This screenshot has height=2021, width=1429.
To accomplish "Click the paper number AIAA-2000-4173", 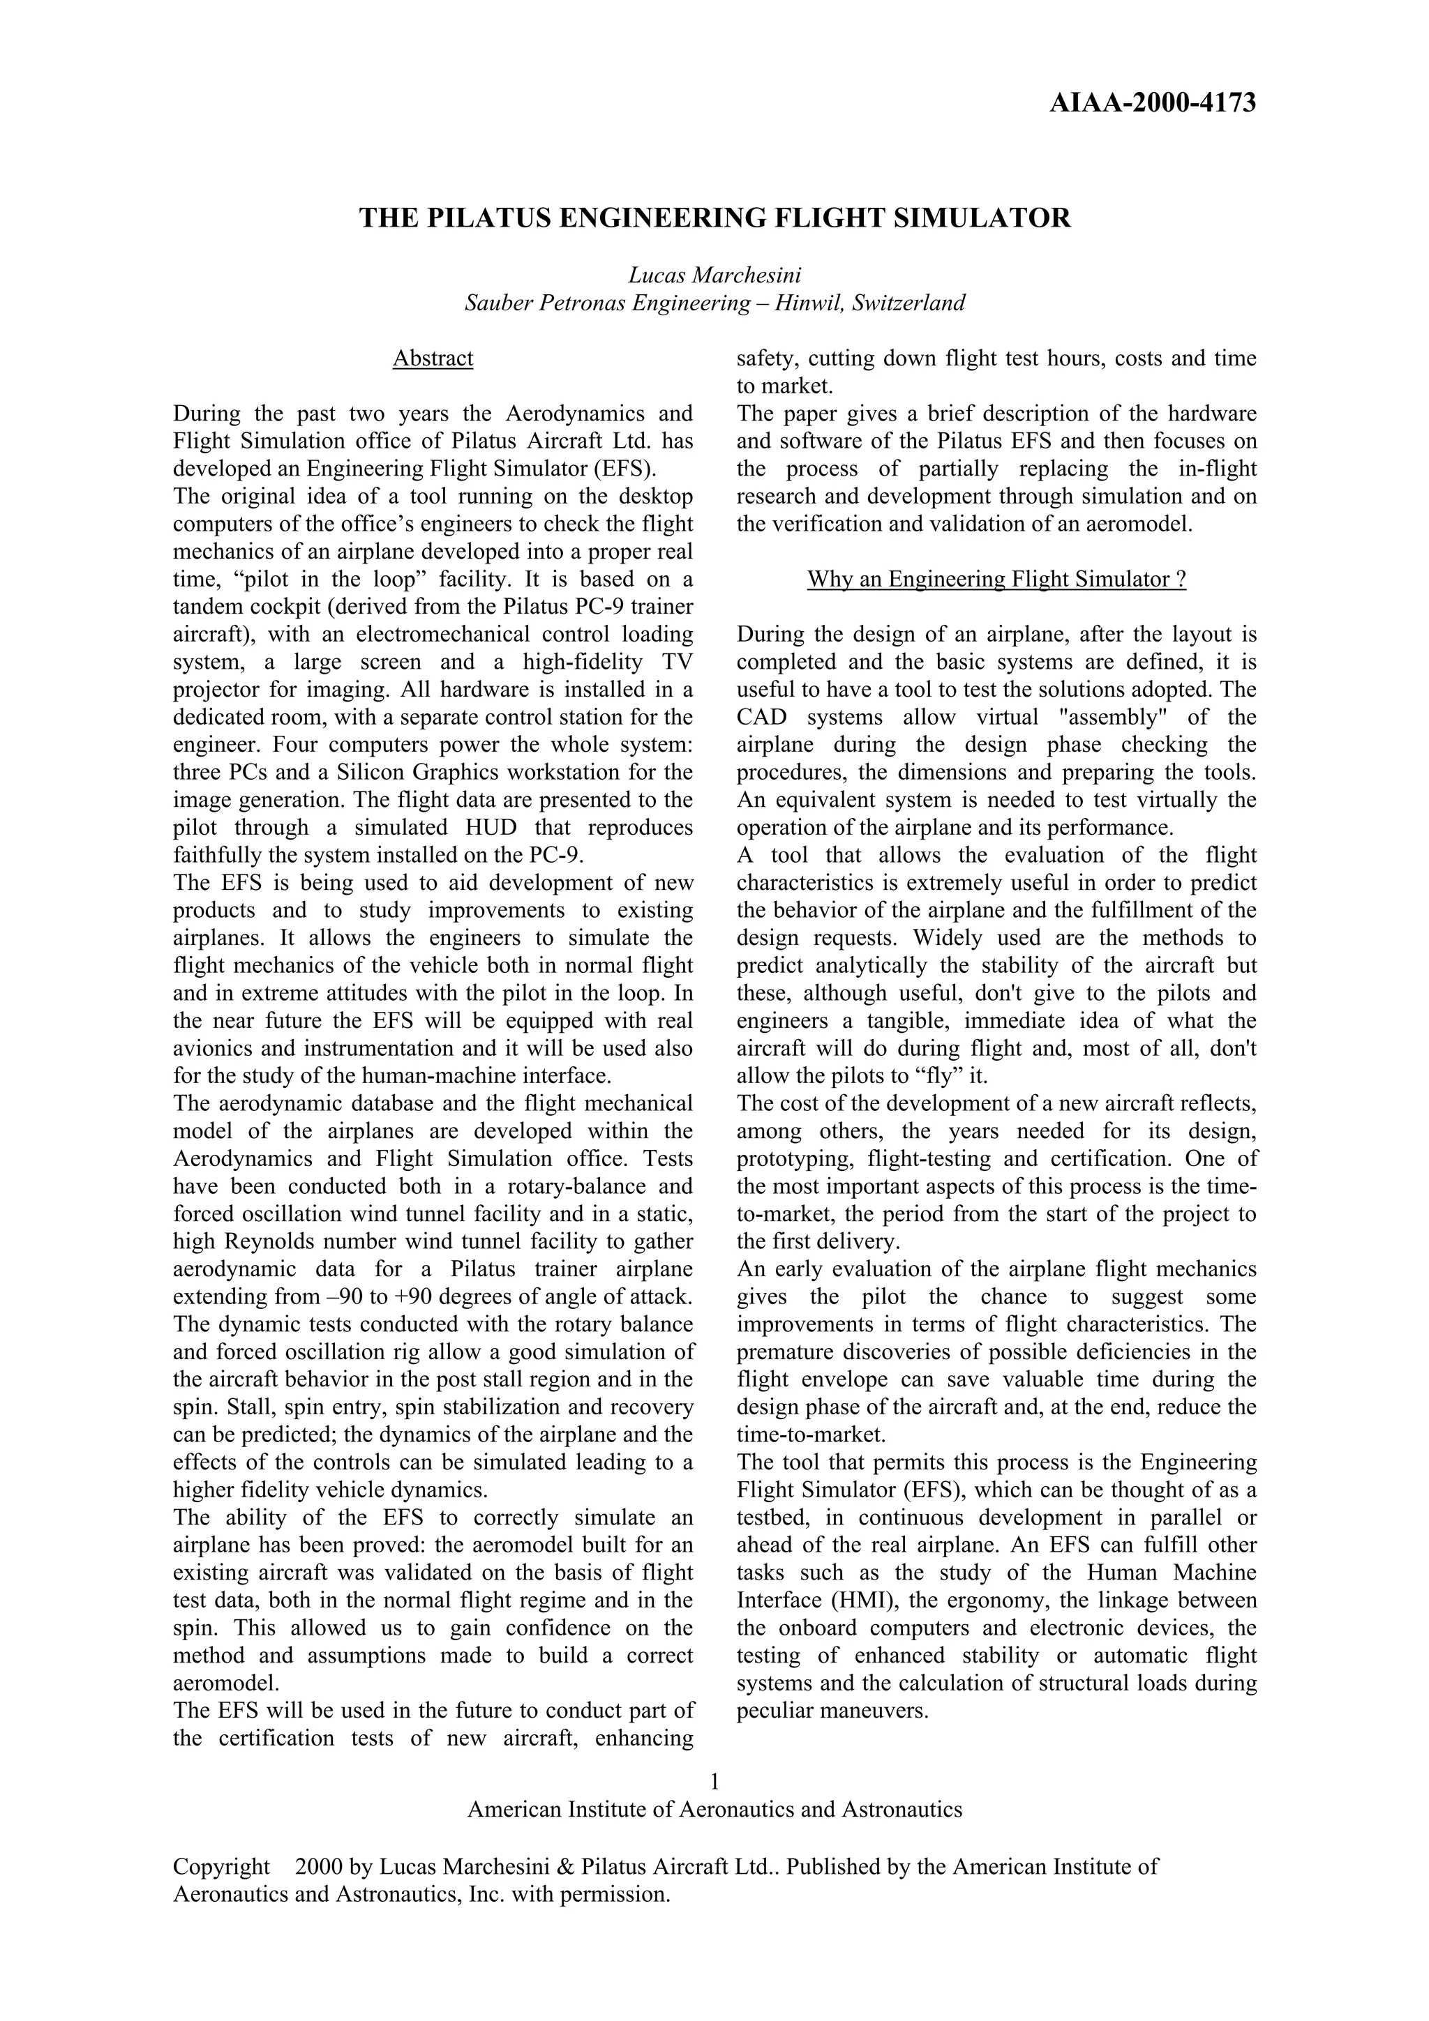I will click(1153, 104).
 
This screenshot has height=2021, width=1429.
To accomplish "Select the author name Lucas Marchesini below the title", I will click(714, 275).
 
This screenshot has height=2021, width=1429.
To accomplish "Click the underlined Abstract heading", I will click(433, 358).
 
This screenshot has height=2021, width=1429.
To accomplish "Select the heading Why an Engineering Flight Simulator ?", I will click(996, 580).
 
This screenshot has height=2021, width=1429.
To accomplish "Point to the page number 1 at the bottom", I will click(714, 1782).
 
